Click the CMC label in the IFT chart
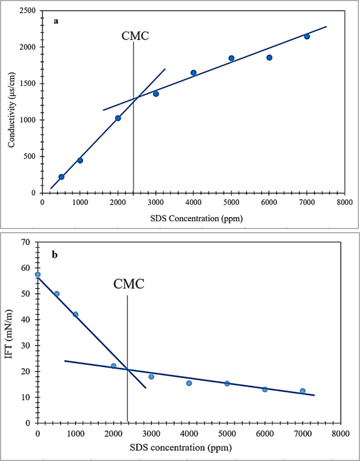point(129,285)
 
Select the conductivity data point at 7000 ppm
point(307,36)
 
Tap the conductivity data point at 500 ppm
point(61,177)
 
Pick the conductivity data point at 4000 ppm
point(193,73)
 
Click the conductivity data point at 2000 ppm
point(118,118)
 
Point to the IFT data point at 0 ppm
point(37,275)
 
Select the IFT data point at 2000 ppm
point(114,366)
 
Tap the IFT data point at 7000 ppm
point(303,391)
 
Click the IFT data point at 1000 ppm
point(76,315)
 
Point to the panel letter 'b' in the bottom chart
point(54,255)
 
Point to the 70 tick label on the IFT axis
point(25,243)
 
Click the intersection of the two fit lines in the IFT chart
point(127,370)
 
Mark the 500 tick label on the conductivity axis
point(29,156)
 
